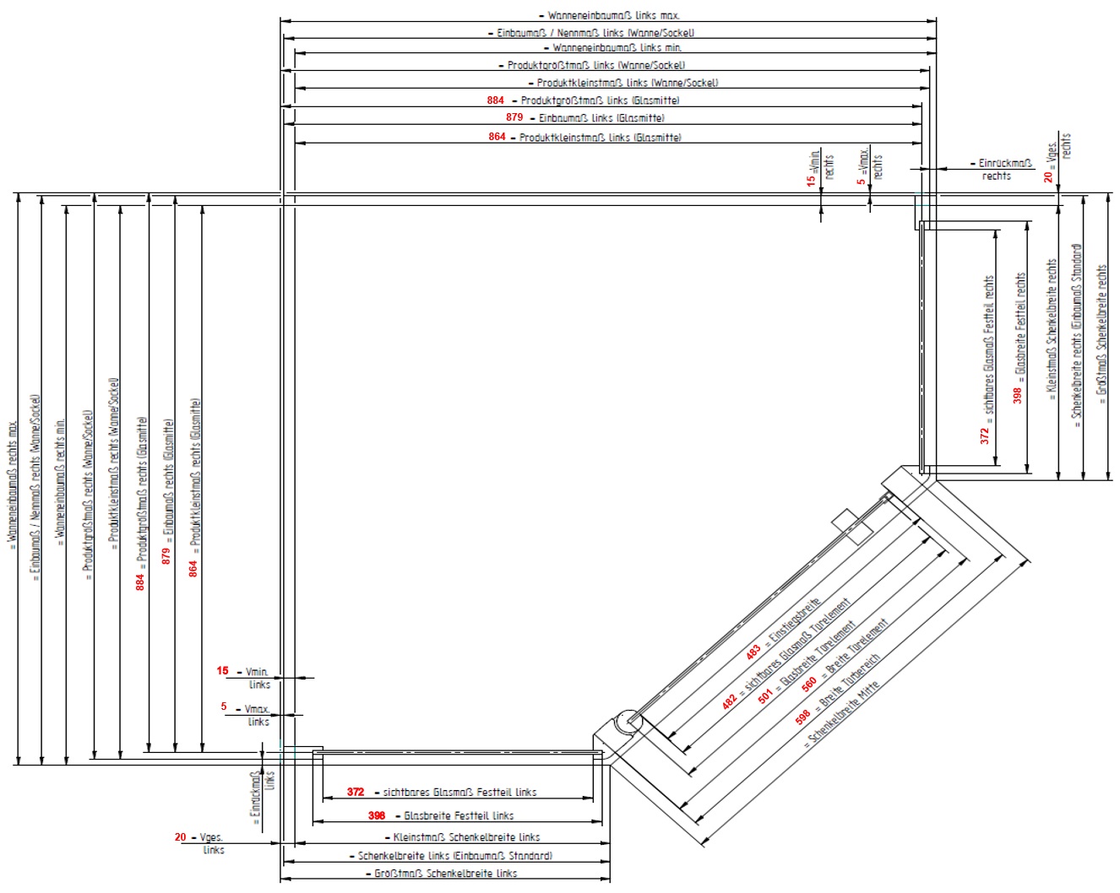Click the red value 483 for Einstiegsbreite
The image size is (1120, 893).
click(x=753, y=652)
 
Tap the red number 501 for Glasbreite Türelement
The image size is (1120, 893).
click(x=765, y=695)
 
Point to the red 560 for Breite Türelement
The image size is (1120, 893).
click(x=809, y=682)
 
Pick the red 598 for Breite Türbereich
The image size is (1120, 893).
click(x=802, y=716)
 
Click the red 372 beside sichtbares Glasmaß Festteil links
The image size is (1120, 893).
click(x=356, y=792)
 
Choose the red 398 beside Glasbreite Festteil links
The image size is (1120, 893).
click(x=377, y=815)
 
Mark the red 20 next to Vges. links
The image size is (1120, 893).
click(x=180, y=837)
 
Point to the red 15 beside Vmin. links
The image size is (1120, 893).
click(x=222, y=671)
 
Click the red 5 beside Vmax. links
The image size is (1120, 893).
click(x=224, y=706)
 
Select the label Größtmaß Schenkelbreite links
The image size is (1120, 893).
click(x=446, y=874)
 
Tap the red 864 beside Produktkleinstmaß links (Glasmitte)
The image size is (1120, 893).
click(x=497, y=137)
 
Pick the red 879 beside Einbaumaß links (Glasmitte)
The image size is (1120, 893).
click(x=514, y=117)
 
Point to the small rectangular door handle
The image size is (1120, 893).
click(x=851, y=526)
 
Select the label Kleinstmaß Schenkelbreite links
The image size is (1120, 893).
click(x=466, y=837)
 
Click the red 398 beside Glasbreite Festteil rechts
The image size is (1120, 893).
click(x=1017, y=395)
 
